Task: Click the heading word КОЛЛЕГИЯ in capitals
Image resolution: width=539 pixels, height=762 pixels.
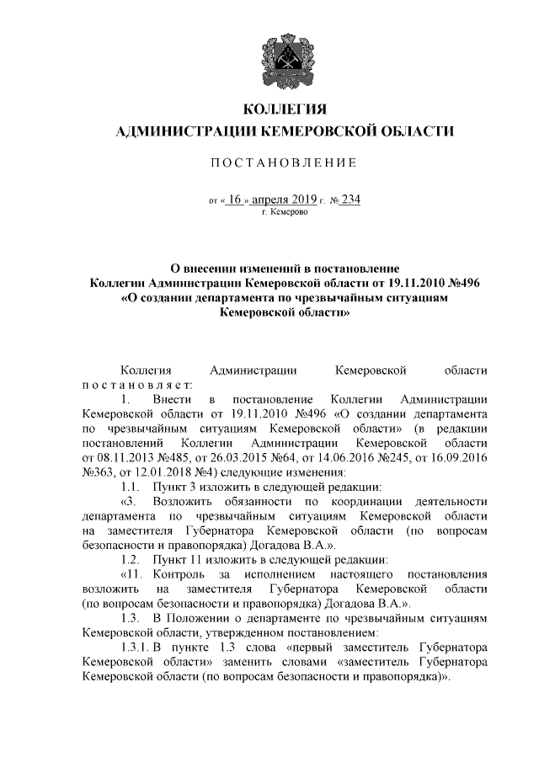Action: [284, 109]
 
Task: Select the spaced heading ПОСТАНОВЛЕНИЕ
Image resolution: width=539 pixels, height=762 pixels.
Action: [284, 162]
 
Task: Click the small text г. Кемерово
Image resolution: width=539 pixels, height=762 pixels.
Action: [285, 212]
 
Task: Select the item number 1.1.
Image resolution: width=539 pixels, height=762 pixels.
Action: [129, 487]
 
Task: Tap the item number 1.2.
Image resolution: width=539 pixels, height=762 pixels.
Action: [129, 559]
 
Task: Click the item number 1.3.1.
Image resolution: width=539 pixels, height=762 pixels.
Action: [135, 647]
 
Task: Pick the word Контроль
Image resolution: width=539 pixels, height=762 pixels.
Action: [176, 574]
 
